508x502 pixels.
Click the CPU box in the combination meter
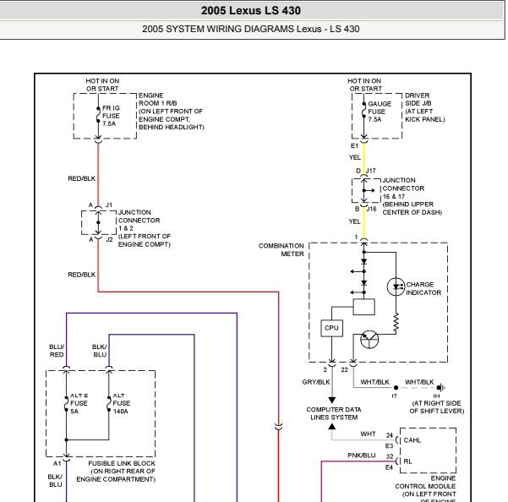tap(331, 328)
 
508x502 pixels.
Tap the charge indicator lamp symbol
tap(396, 286)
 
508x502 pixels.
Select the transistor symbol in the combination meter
tap(369, 339)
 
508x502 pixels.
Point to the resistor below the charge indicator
tap(396, 323)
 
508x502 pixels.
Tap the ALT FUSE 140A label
tap(121, 403)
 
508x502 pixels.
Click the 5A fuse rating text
tap(74, 412)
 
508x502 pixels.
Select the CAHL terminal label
tap(412, 440)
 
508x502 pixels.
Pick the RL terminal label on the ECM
tap(407, 461)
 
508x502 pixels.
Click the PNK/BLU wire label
tap(362, 456)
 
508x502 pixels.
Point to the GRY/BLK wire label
tap(316, 382)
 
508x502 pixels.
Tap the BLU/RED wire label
tap(57, 351)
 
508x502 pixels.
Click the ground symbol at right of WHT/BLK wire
tap(440, 387)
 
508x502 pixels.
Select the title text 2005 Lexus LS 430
tap(251, 10)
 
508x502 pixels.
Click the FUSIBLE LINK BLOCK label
tap(122, 463)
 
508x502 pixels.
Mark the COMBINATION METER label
tap(281, 249)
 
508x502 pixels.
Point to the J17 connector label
tap(371, 171)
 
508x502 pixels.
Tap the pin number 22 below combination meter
tap(344, 370)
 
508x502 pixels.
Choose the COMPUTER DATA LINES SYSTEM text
tap(334, 413)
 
